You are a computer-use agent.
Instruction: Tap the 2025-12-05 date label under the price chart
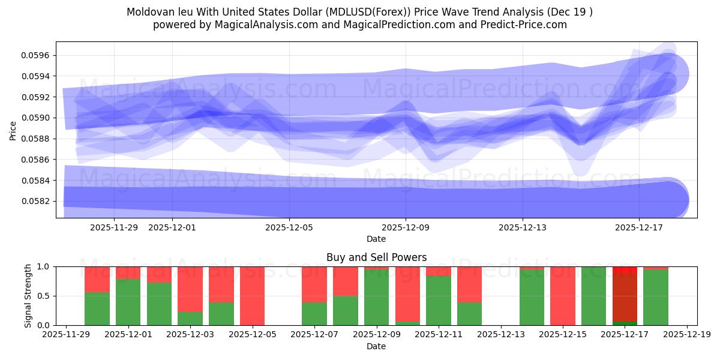tap(290, 227)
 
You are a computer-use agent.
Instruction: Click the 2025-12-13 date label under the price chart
tap(523, 227)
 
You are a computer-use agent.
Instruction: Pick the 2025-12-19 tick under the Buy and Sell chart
tap(686, 335)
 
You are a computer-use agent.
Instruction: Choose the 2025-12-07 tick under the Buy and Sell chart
tap(314, 335)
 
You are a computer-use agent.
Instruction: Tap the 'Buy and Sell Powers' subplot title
tap(376, 257)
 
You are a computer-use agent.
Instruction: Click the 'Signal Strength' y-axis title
tap(28, 296)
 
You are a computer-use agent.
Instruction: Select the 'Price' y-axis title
tap(13, 130)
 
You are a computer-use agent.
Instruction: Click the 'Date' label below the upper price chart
tap(376, 239)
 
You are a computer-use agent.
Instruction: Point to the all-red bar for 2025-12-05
tap(253, 296)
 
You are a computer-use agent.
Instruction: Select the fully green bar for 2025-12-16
tap(593, 296)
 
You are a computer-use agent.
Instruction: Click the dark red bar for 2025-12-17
tap(625, 297)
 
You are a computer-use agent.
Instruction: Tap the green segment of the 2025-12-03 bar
tap(190, 319)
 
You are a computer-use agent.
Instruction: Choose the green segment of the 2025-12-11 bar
tap(439, 301)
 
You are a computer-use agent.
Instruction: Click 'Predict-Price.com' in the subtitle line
tap(526, 25)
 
